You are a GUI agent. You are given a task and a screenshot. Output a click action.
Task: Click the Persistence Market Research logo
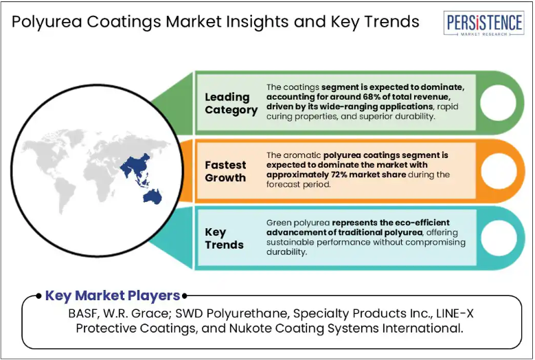click(483, 23)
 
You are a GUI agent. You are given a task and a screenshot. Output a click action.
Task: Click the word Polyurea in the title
click(47, 22)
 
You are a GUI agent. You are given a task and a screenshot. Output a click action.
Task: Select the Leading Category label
click(231, 103)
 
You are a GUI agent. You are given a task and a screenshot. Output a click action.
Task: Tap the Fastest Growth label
click(225, 171)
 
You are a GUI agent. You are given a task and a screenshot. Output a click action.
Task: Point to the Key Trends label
click(224, 238)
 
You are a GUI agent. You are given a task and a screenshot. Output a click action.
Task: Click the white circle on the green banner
click(498, 103)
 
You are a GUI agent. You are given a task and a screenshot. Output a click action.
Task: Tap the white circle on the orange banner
click(499, 170)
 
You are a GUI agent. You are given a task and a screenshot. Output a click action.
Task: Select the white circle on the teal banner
click(499, 238)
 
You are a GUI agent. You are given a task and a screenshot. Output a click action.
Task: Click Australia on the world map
click(152, 197)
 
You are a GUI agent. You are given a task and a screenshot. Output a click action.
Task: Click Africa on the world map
click(98, 179)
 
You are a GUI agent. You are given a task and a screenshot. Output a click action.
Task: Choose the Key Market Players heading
click(113, 295)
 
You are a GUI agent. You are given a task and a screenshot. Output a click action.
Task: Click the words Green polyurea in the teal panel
click(298, 223)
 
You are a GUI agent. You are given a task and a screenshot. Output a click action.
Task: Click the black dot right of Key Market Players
click(185, 296)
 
